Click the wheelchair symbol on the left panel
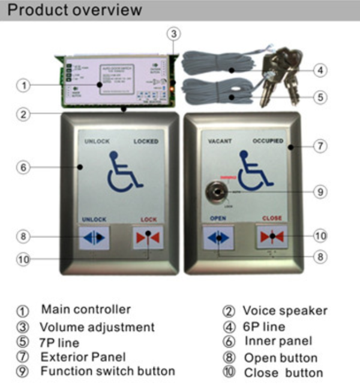pos(125,172)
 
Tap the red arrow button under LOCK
pos(146,237)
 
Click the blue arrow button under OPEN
pos(217,237)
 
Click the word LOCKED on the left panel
pos(146,142)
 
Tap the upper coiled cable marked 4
pos(209,63)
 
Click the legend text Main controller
pos(85,310)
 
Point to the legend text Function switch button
pos(107,371)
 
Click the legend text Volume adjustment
pos(97,327)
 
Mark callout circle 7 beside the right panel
pos(321,146)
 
